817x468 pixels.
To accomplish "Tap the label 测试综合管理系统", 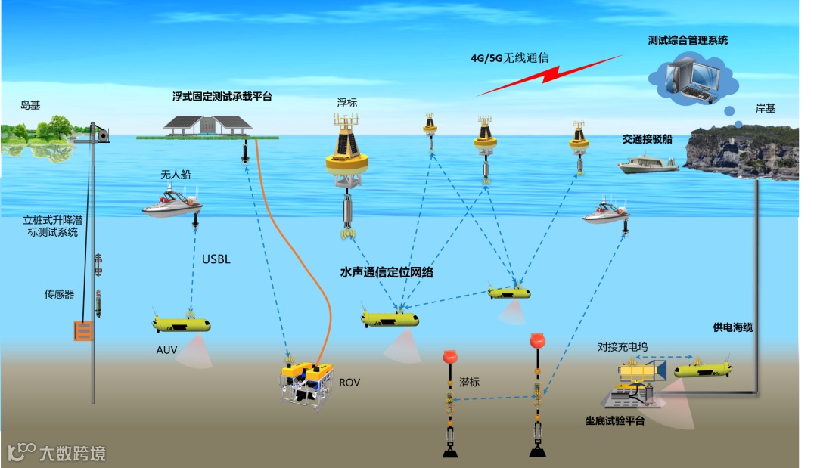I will coord(688,40).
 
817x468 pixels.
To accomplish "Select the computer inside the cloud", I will coord(692,79).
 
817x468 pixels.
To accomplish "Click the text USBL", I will coord(216,260).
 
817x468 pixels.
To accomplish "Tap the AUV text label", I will coord(166,351).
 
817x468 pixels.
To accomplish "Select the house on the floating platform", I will coord(208,125).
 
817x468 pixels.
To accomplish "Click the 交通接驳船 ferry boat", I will coord(648,163).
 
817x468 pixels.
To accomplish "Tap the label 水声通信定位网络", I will coord(387,272).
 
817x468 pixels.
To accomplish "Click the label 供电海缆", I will coord(733,327).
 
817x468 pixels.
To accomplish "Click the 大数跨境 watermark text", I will coord(73,454).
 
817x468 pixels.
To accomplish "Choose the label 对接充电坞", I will coord(623,347).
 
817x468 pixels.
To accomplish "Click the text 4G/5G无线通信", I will coord(509,57).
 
